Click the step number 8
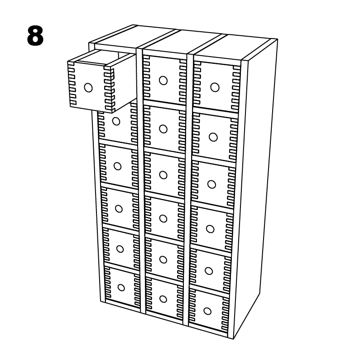tap(35, 36)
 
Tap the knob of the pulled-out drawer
tap(88, 87)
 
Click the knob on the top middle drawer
tap(163, 81)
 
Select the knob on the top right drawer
tap(215, 87)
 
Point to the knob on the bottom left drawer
tap(121, 287)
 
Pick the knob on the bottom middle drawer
tap(163, 299)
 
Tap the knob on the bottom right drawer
tap(207, 311)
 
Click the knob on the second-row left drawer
tap(116, 121)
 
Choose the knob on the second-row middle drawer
tap(163, 129)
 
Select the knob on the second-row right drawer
tap(213, 137)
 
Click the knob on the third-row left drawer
tap(117, 166)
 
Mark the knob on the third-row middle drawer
tap(163, 175)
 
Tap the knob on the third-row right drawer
tap(211, 184)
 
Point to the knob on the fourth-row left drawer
tap(119, 208)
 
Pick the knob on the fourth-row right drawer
tap(210, 229)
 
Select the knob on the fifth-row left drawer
tap(120, 249)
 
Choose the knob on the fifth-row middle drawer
tap(163, 259)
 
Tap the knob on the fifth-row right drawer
tap(209, 271)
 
